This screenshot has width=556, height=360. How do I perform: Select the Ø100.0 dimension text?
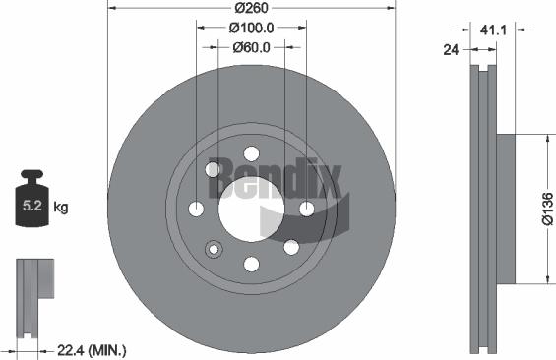click(250, 30)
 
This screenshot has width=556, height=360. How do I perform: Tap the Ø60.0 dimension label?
click(250, 46)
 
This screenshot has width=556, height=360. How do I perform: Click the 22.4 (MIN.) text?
click(93, 349)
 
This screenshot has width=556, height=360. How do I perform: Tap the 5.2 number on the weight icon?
click(32, 208)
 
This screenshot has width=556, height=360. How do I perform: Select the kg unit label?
click(61, 208)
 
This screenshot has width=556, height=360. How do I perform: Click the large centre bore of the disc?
click(250, 209)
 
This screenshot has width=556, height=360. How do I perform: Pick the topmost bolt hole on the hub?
click(250, 153)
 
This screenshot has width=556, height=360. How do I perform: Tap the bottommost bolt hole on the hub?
click(250, 264)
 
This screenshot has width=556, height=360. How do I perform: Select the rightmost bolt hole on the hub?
click(306, 209)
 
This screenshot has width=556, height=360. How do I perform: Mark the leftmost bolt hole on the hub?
click(195, 209)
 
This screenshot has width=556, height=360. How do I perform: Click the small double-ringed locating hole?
click(212, 249)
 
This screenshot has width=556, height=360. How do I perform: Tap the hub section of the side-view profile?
click(504, 210)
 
